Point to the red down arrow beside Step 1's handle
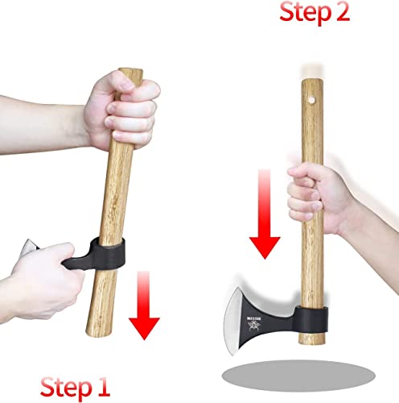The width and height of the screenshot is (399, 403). [x=146, y=306]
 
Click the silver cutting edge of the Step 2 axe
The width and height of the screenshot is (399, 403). [x=241, y=310]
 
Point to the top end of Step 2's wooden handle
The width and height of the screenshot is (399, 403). [x=311, y=81]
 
